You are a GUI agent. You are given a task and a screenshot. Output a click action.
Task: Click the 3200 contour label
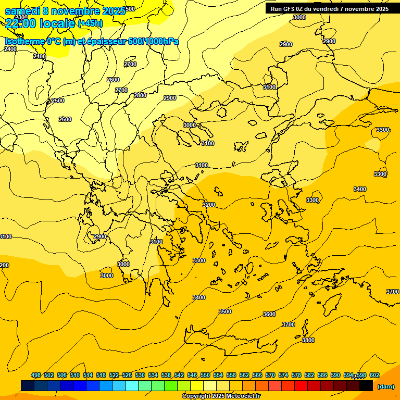click(209, 205)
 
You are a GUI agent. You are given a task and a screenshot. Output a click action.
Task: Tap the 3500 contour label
click(225, 311)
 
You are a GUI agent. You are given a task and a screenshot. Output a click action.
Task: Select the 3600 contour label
click(269, 314)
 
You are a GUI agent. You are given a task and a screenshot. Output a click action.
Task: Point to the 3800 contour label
click(308, 340)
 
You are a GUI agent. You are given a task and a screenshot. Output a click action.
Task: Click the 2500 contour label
click(58, 101)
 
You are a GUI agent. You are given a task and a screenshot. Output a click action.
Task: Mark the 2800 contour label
click(140, 95)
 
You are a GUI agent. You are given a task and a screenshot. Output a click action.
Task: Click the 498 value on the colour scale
click(36, 375)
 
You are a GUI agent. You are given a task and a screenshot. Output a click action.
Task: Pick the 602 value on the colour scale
click(374, 375)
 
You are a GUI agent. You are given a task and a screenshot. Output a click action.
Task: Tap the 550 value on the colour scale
click(205, 375)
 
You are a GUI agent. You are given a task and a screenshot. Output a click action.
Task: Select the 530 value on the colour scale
click(140, 375)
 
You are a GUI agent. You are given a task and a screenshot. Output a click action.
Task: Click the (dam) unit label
click(385, 386)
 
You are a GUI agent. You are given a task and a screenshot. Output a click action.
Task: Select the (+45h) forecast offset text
click(90, 23)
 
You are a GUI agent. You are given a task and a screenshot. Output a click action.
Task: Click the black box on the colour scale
click(366, 385)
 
